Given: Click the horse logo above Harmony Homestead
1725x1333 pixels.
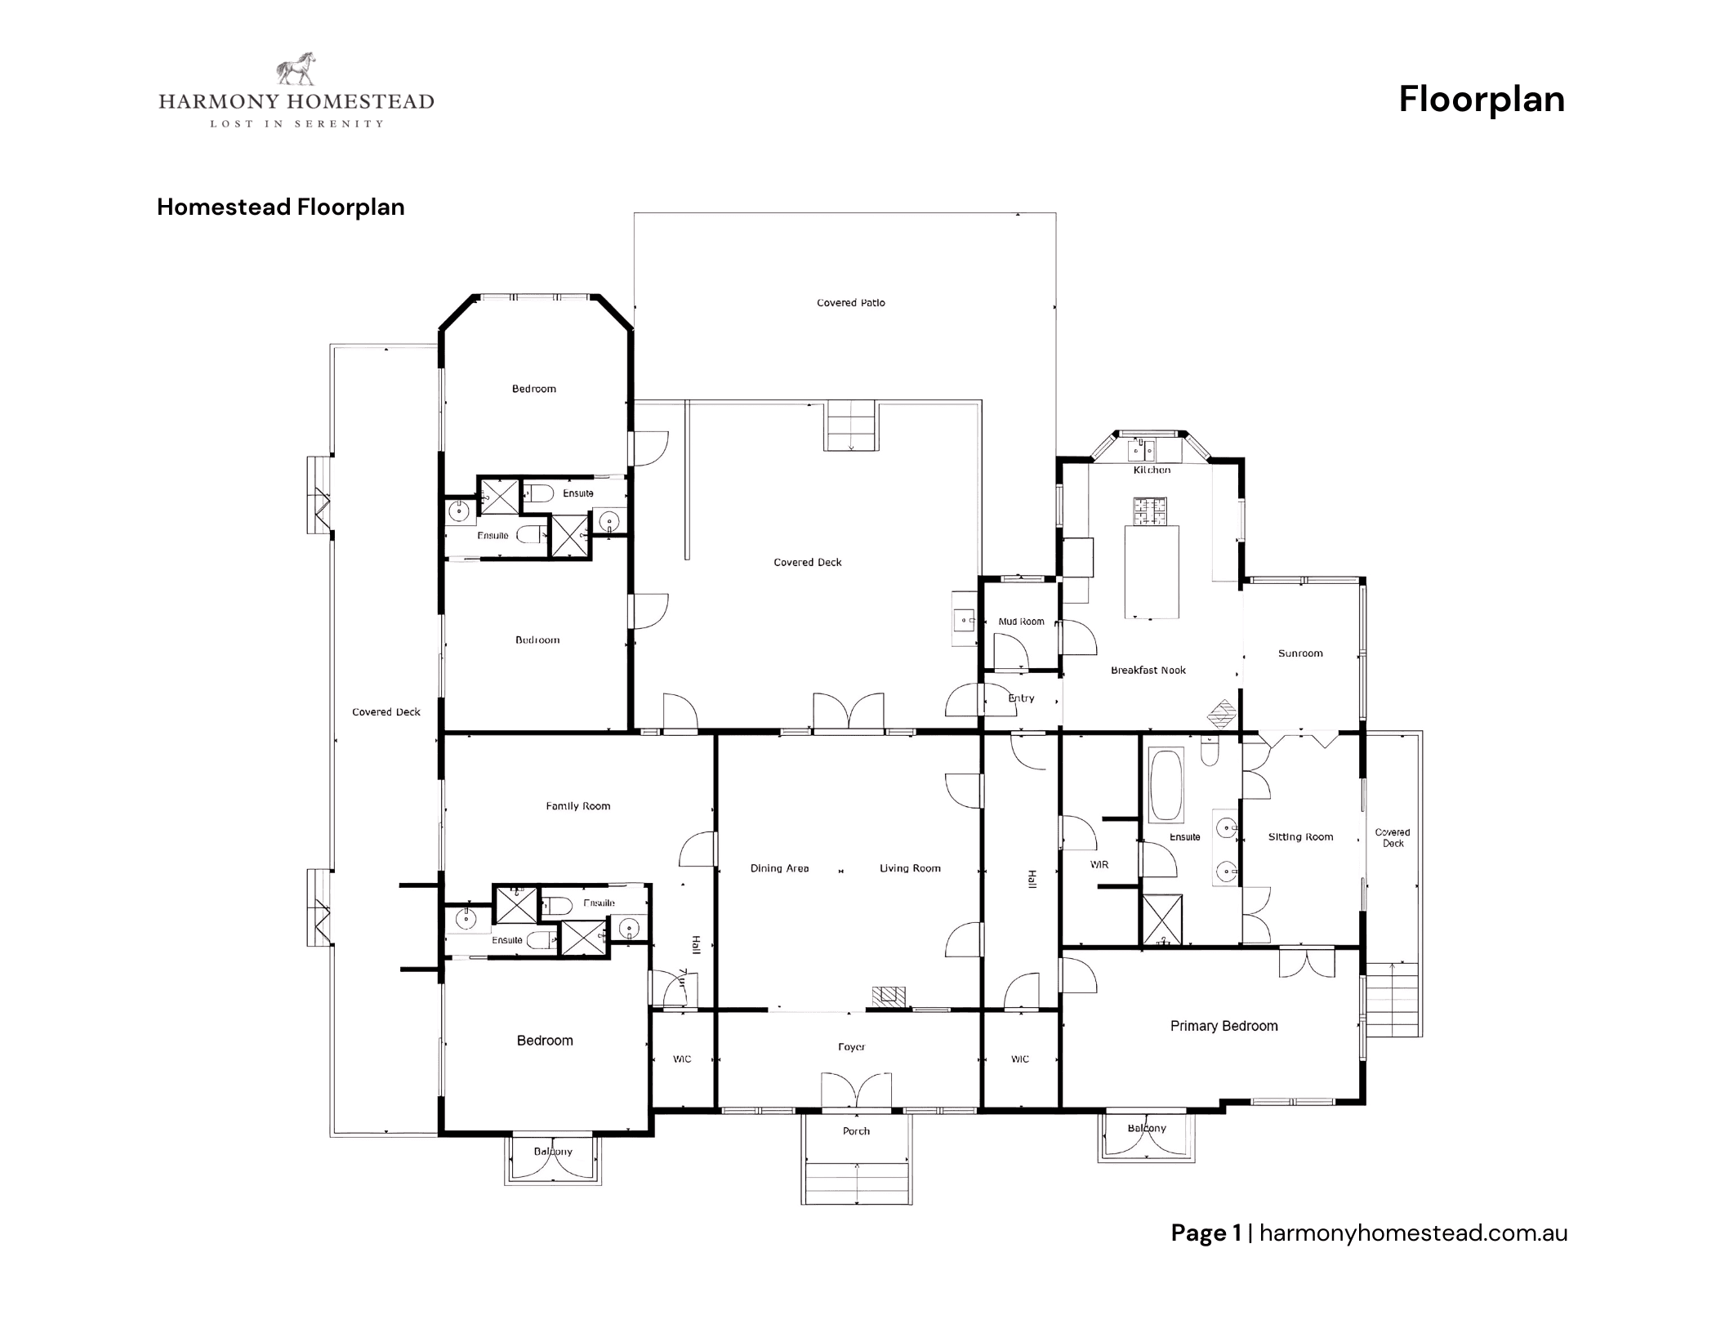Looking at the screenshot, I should (296, 69).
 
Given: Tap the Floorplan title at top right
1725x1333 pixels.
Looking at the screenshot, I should (1481, 100).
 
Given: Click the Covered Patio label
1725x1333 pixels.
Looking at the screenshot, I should (850, 303).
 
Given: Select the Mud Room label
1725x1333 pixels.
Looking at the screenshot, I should (1021, 622).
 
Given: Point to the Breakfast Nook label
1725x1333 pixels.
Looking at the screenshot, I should (1148, 671).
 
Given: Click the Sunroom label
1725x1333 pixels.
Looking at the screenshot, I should (1299, 653).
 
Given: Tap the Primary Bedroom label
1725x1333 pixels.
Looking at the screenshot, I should (1224, 1026).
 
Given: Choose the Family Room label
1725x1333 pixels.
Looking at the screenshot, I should (577, 806).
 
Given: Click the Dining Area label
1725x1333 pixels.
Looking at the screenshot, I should (779, 868).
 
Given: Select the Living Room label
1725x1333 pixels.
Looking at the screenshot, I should (910, 868).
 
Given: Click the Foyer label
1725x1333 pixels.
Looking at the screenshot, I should (851, 1046).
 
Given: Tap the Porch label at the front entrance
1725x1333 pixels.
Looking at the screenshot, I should (856, 1131).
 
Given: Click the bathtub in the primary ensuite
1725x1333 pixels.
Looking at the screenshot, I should (1166, 786).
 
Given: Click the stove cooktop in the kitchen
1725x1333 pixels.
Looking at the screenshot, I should (1150, 511).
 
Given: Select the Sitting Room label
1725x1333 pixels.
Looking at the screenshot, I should (1300, 837).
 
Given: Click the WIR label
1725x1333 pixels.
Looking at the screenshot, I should (1099, 864).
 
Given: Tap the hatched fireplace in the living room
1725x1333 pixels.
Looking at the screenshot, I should (889, 996).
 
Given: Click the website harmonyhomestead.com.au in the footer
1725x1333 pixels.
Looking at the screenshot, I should (1413, 1233).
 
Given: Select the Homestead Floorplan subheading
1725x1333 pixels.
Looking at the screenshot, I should (280, 207).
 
